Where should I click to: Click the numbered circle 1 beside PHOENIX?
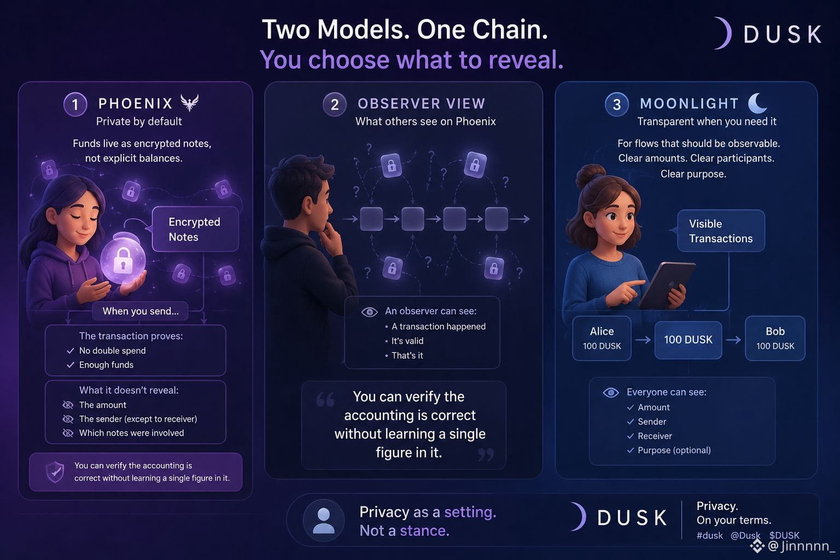(75, 104)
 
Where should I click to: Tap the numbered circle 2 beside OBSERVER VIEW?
(335, 104)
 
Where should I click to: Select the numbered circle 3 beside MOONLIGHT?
(616, 104)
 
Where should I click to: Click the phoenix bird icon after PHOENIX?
(190, 103)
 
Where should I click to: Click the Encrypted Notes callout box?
(195, 229)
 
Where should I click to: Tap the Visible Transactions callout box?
(721, 231)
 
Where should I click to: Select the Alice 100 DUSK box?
(602, 339)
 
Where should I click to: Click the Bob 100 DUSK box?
(775, 339)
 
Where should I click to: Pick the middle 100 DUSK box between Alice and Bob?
(688, 340)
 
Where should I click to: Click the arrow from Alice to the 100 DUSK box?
(643, 340)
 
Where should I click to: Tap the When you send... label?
(140, 311)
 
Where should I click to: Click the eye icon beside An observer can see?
(369, 312)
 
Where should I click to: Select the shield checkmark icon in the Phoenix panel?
(55, 472)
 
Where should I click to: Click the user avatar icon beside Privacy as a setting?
(323, 521)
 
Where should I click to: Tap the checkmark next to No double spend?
(70, 351)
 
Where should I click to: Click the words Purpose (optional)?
(674, 450)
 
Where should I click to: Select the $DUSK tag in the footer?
(784, 535)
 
